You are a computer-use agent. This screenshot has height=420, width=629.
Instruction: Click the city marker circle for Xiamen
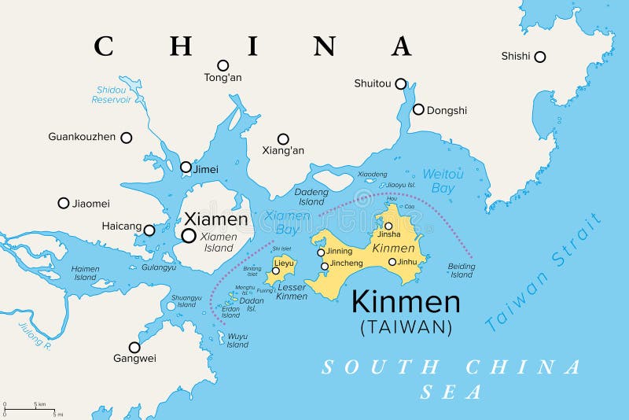(x=189, y=235)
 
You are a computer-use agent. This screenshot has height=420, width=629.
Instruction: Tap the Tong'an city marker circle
(x=223, y=65)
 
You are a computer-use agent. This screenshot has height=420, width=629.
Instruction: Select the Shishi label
(x=516, y=56)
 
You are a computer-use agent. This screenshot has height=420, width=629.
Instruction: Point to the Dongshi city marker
(x=418, y=110)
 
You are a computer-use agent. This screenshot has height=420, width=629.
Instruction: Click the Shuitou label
(x=373, y=83)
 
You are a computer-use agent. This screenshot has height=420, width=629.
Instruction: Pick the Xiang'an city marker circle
(x=283, y=138)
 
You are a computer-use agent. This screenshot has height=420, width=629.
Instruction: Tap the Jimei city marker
(x=186, y=167)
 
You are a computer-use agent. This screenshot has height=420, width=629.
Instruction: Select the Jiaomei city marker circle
(x=64, y=203)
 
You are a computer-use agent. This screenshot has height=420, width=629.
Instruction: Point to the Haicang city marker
(x=149, y=230)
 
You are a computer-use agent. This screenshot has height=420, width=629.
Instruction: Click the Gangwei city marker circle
(x=134, y=347)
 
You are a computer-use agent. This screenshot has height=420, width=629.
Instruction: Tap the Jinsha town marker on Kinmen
(x=388, y=226)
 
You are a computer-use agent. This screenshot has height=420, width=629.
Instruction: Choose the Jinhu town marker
(x=392, y=262)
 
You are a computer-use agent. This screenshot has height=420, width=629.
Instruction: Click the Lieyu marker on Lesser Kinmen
(x=276, y=271)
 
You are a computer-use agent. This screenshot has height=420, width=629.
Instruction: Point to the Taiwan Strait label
(x=543, y=272)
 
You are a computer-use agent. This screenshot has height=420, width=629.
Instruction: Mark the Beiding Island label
(x=462, y=271)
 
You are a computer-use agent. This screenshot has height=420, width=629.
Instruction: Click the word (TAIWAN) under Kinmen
(x=406, y=326)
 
